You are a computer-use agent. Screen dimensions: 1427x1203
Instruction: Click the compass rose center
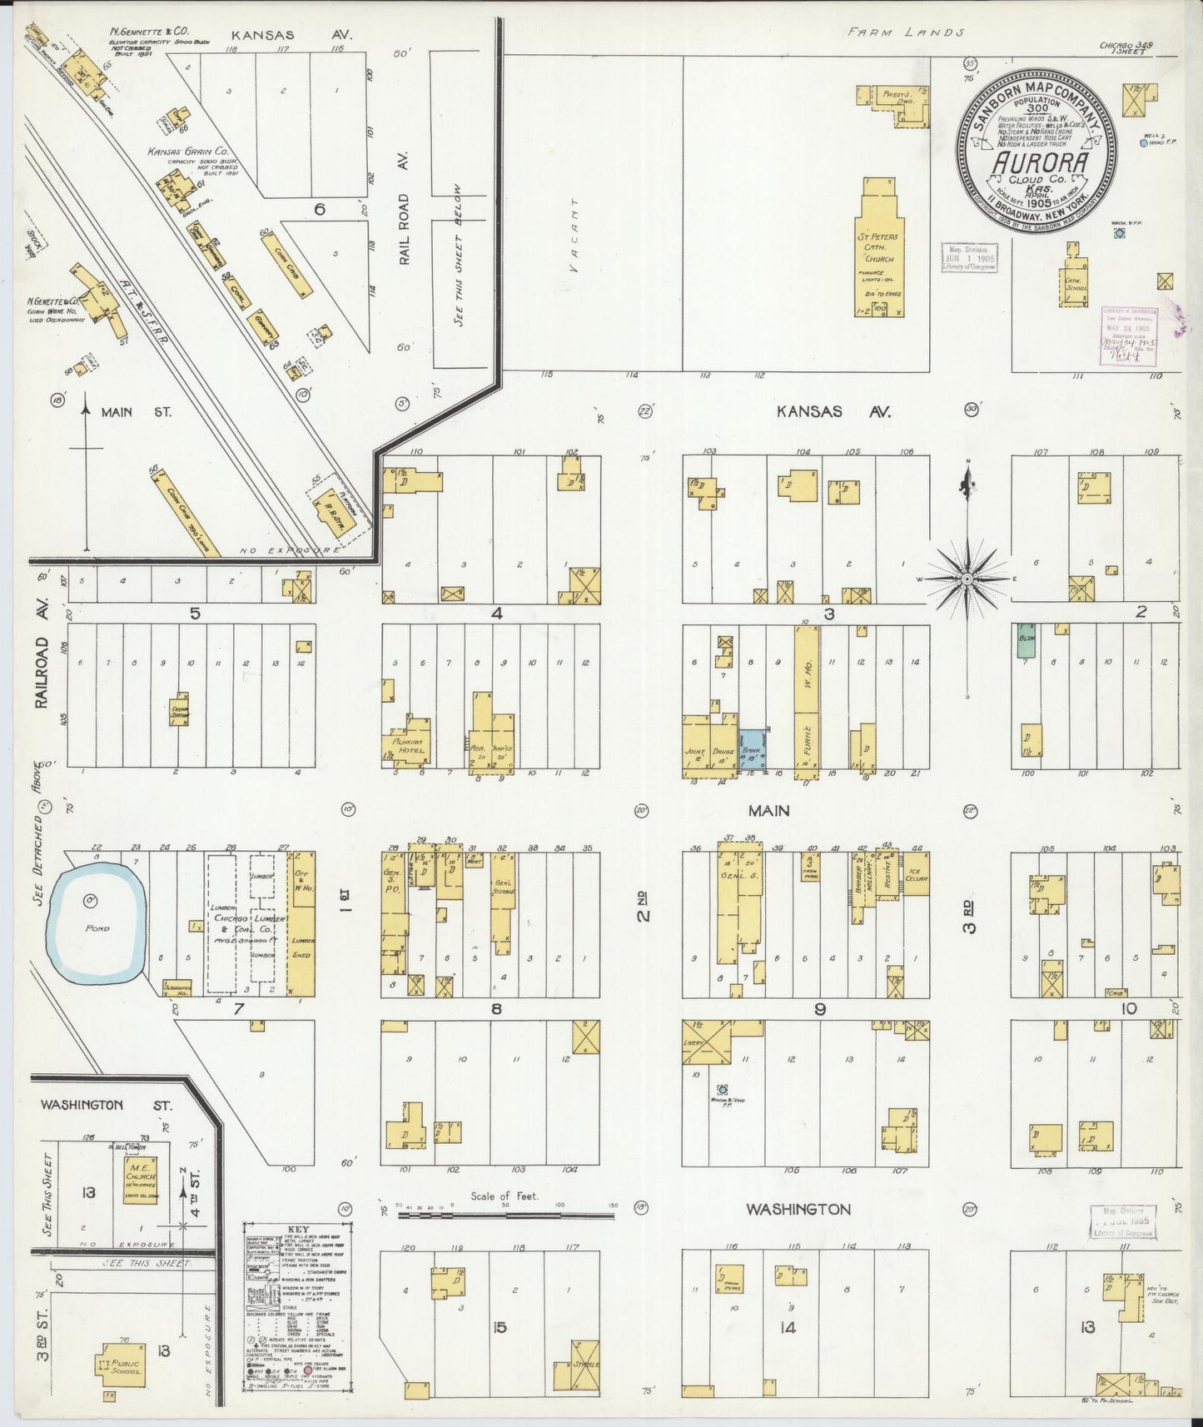click(967, 577)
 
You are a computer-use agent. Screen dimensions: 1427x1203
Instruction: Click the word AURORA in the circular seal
click(1040, 161)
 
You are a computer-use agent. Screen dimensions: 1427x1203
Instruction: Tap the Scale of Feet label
click(504, 1196)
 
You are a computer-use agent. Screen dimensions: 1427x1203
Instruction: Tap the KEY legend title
click(297, 1229)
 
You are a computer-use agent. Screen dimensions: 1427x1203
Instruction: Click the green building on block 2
click(1026, 643)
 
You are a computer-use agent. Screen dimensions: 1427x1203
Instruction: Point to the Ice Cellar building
click(916, 873)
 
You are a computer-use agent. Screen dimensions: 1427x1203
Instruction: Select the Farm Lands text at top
click(905, 32)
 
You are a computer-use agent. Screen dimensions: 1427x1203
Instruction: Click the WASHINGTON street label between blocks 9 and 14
click(798, 1209)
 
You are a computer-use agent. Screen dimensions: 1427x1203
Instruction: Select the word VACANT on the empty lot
click(571, 235)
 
